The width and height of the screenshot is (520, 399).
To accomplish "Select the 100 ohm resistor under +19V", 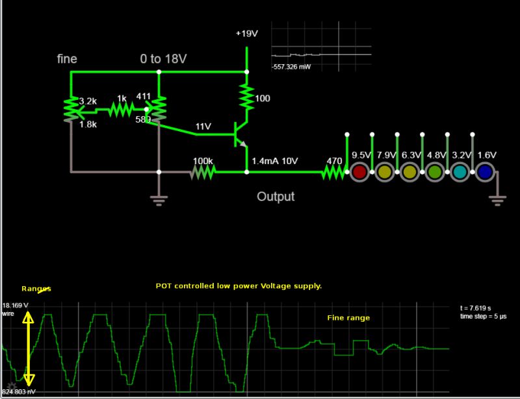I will point(246,97).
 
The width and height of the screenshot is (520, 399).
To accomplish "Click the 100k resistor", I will point(202,172).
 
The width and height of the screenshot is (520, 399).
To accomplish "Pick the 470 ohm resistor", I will point(333,172).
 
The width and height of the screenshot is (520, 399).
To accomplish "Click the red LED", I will point(359,173).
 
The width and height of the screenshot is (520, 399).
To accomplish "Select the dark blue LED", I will point(484,173).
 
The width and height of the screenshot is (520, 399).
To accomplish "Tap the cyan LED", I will point(460,173).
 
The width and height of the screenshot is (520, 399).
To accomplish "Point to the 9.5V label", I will point(361,155).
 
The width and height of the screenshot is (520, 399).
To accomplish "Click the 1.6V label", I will point(486,155).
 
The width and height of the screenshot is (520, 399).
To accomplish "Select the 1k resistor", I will point(121,110).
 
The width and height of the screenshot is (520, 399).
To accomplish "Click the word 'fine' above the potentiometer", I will point(67,59).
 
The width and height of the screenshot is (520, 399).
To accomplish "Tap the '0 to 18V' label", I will point(164,59).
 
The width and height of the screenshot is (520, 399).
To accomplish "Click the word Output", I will point(276,197).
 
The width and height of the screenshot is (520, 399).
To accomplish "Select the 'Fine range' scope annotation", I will point(348,318).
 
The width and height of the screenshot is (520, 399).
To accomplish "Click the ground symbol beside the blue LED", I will point(498,199).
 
